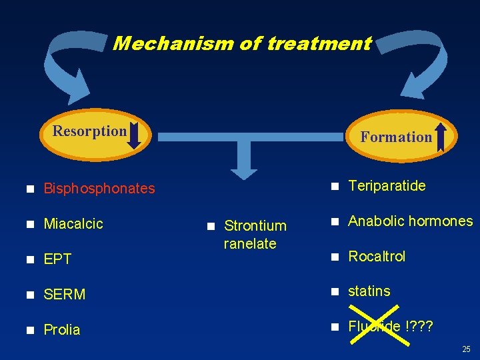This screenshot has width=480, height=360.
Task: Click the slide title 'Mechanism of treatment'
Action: pos(242,44)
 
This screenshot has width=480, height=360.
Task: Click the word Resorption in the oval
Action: pos(89,131)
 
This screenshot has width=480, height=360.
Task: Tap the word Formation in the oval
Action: pos(396,137)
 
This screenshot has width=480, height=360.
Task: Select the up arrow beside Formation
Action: pos(441,137)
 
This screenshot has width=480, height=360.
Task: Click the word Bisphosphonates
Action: pos(99,189)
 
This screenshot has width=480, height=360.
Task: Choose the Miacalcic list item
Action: pos(73,224)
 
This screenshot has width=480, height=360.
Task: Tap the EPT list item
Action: pos(57,259)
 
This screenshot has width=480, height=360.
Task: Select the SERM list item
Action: pos(65,294)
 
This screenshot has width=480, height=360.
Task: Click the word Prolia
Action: pos(61,329)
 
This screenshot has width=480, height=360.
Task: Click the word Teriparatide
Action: pos(387,186)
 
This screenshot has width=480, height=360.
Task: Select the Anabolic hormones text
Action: pos(410,221)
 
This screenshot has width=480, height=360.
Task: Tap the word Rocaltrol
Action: pos(377,257)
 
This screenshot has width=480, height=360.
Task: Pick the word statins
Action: pos(369,291)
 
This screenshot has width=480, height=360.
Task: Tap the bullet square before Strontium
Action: pos(210,226)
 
